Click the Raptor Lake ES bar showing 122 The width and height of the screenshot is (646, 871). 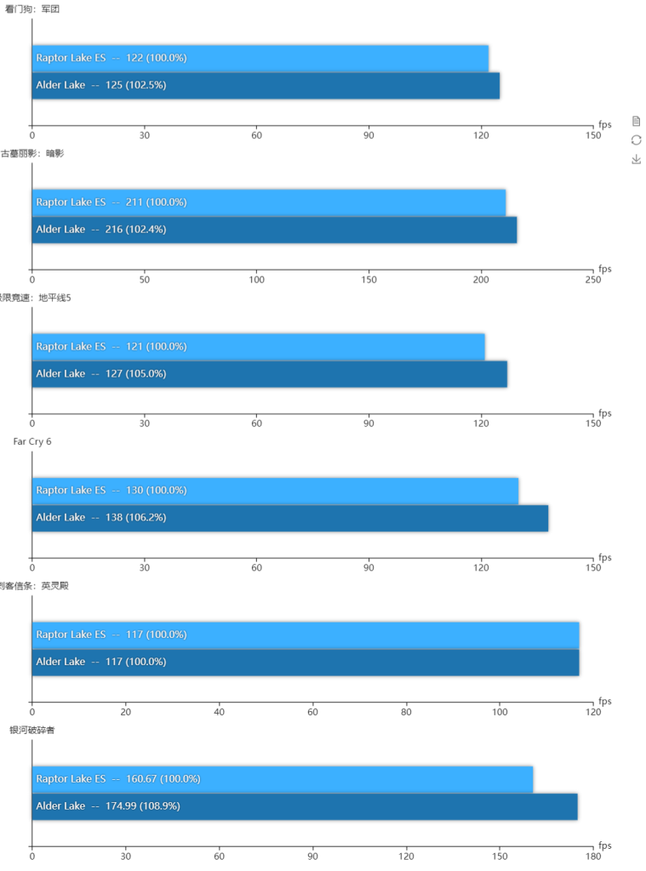pyautogui.click(x=260, y=58)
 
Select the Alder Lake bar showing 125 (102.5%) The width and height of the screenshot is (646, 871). pyautogui.click(x=266, y=85)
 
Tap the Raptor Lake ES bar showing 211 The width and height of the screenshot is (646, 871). pyautogui.click(x=269, y=202)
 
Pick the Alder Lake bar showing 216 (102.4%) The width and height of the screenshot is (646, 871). pyautogui.click(x=274, y=230)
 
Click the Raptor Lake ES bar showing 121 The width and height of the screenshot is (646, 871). pyautogui.click(x=258, y=346)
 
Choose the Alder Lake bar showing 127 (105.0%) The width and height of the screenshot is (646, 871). pyautogui.click(x=269, y=373)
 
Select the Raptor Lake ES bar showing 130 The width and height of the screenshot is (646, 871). pyautogui.click(x=275, y=491)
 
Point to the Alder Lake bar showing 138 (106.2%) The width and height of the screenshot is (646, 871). pyautogui.click(x=289, y=517)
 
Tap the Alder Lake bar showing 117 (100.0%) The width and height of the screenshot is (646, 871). pyautogui.click(x=305, y=662)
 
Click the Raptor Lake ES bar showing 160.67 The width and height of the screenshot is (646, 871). pyautogui.click(x=282, y=779)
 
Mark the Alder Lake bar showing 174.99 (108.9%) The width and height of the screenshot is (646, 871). pyautogui.click(x=304, y=806)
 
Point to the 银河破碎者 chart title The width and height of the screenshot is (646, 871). pyautogui.click(x=32, y=730)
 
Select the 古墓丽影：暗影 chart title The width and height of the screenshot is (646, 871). pyautogui.click(x=32, y=153)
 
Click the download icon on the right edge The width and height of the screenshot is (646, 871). pyautogui.click(x=636, y=159)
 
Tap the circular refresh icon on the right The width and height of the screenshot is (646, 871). pyautogui.click(x=636, y=139)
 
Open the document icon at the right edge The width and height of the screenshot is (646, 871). pyautogui.click(x=636, y=121)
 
